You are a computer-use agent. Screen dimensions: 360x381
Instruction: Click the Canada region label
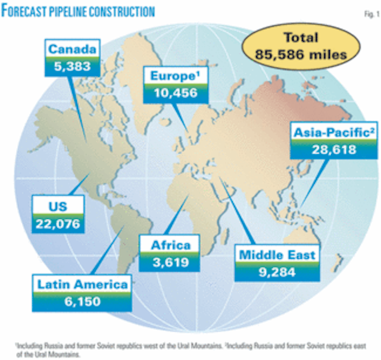72,48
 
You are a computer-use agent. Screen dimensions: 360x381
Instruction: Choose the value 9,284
276,272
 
